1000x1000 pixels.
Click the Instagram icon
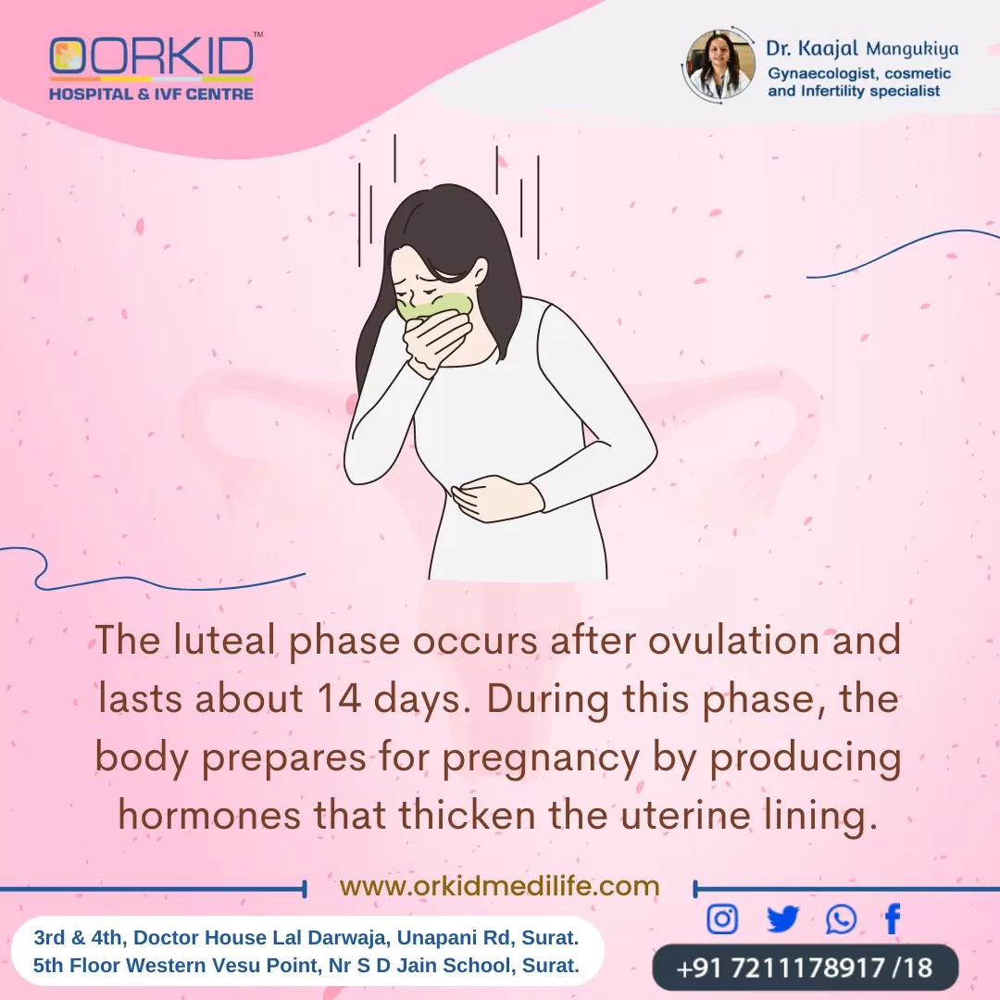point(722,919)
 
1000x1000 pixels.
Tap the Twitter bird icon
point(782,919)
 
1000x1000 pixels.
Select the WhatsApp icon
point(841,919)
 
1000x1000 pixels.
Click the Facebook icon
point(893,919)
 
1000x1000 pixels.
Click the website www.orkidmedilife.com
point(499,886)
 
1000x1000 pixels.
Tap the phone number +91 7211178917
point(781,968)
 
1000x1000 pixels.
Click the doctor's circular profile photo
point(720,65)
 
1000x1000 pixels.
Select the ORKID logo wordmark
point(152,57)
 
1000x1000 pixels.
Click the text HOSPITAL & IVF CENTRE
point(151,94)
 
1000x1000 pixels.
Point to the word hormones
point(209,815)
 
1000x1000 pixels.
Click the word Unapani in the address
point(456,938)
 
